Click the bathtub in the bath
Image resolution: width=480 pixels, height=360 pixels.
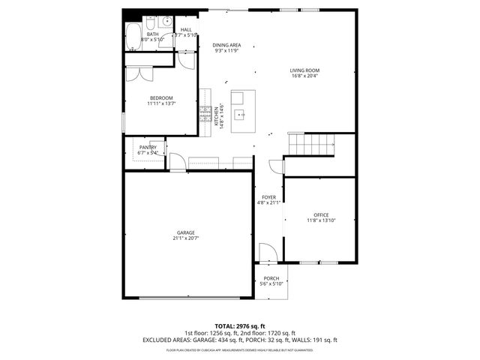coord(133,34)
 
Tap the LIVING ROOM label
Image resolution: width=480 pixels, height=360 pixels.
coord(304,70)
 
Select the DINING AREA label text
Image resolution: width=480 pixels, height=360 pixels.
coord(226,45)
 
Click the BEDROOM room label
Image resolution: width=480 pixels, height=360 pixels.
coord(161,98)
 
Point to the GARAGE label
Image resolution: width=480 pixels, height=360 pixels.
coord(185,232)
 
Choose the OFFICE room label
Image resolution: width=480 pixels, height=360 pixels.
coord(321,214)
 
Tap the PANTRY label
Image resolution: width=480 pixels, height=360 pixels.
coord(148,147)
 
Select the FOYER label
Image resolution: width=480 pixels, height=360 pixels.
coord(268,197)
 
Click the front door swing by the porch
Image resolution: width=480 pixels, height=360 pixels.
coord(266,253)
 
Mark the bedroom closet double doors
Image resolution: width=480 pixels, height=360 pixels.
coord(140,73)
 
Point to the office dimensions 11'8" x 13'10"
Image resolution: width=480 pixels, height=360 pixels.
coord(321,220)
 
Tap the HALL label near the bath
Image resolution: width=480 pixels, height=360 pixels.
coord(186,30)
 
